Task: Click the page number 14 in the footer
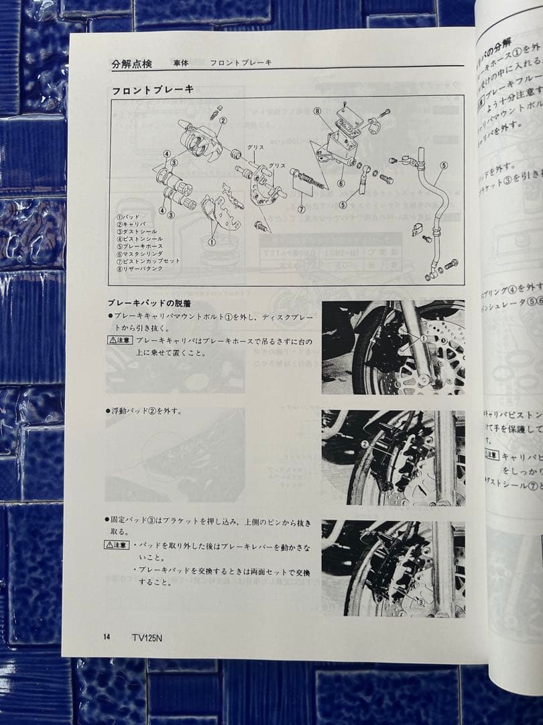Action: pos(107,637)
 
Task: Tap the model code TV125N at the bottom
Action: pos(147,638)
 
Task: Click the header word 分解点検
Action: pos(131,64)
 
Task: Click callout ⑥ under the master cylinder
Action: pos(341,183)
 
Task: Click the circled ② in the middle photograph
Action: pos(365,444)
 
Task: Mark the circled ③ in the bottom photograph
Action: pos(420,602)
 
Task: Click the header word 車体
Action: pos(180,63)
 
